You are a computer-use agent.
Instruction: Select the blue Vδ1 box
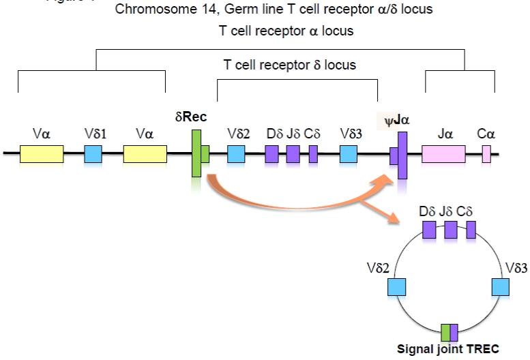click(x=93, y=154)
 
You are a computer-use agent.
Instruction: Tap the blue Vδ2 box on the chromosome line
click(x=236, y=154)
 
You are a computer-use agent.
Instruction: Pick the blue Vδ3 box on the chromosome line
click(x=348, y=154)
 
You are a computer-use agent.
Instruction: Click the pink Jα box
click(x=443, y=154)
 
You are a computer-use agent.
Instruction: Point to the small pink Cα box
click(x=486, y=154)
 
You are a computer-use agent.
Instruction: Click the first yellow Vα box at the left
click(x=42, y=154)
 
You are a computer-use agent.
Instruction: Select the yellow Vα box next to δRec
click(x=145, y=154)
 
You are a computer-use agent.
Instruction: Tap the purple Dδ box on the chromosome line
click(x=271, y=154)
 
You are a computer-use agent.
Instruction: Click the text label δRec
click(x=191, y=117)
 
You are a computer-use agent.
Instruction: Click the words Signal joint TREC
click(x=448, y=349)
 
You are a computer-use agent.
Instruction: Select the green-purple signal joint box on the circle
click(x=450, y=332)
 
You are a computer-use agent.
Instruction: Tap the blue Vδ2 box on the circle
click(x=397, y=286)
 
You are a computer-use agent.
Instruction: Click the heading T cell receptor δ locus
click(x=290, y=65)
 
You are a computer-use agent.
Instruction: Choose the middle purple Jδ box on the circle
click(x=450, y=229)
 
